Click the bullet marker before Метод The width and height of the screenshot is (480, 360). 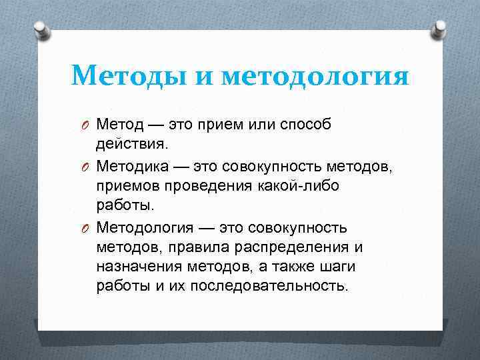pos(86,125)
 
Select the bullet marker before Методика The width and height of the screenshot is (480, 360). pos(86,167)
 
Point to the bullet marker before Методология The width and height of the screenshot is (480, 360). pos(86,228)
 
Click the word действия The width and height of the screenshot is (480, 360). pos(131,144)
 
